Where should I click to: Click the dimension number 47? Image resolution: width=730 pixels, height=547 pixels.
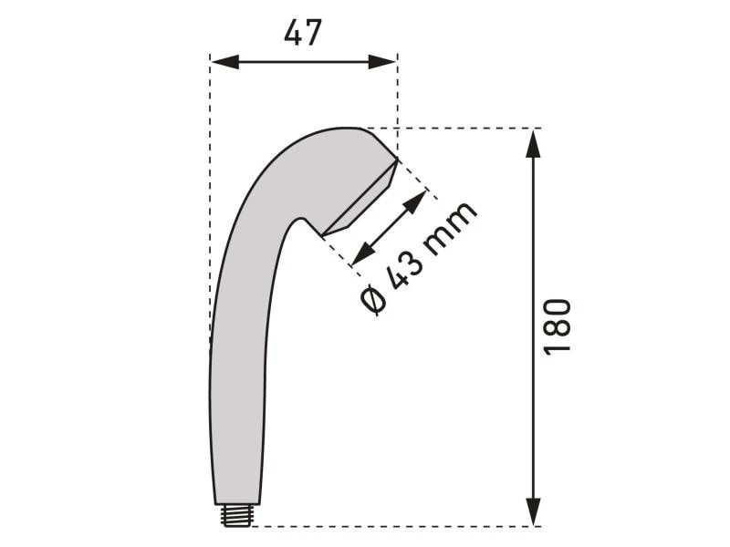302,34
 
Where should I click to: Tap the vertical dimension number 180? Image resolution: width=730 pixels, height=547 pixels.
558,326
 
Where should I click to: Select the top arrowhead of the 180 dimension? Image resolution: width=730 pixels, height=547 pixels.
534,141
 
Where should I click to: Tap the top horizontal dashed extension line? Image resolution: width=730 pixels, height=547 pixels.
465,129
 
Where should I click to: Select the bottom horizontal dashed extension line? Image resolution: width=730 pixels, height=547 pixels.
392,526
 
